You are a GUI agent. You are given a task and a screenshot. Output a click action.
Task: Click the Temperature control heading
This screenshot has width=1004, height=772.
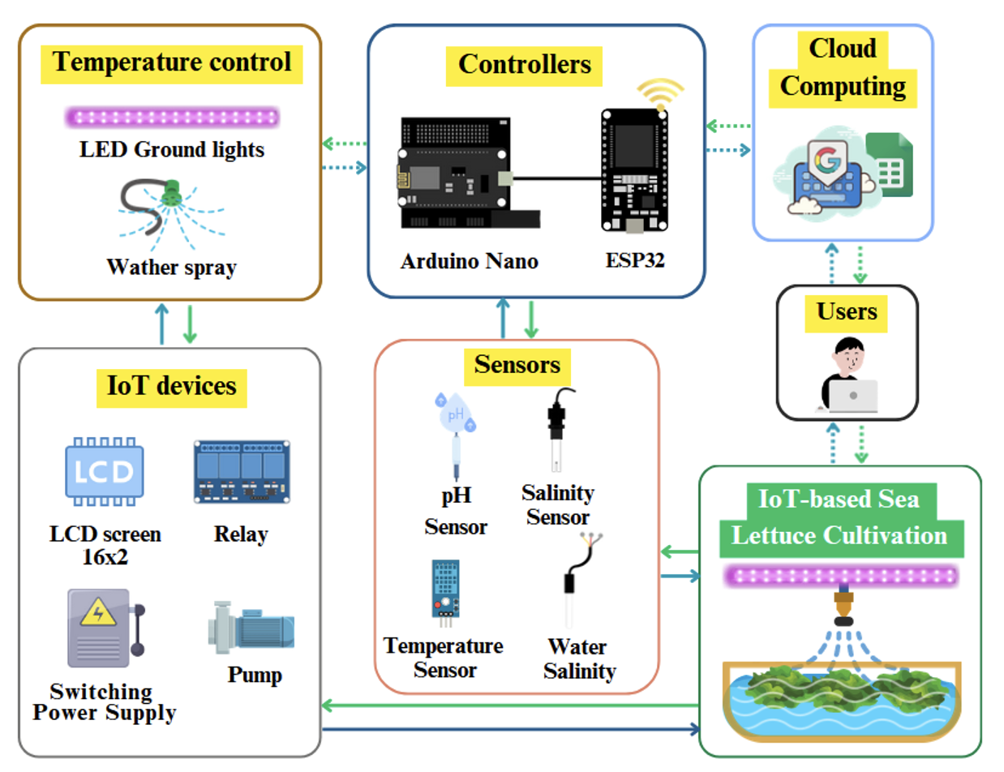tap(172, 62)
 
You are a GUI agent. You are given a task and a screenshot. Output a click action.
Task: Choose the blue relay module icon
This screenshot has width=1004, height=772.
tap(242, 472)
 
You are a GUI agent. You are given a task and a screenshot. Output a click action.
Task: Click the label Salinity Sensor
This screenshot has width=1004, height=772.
tap(558, 504)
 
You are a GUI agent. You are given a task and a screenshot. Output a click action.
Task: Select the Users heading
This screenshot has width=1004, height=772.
tap(847, 311)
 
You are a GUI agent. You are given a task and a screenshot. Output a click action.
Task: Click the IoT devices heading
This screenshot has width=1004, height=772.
tap(172, 385)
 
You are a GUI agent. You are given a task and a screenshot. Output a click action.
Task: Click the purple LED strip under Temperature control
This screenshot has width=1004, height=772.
tap(172, 118)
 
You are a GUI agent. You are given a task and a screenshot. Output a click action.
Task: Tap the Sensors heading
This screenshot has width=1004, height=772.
tap(517, 365)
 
